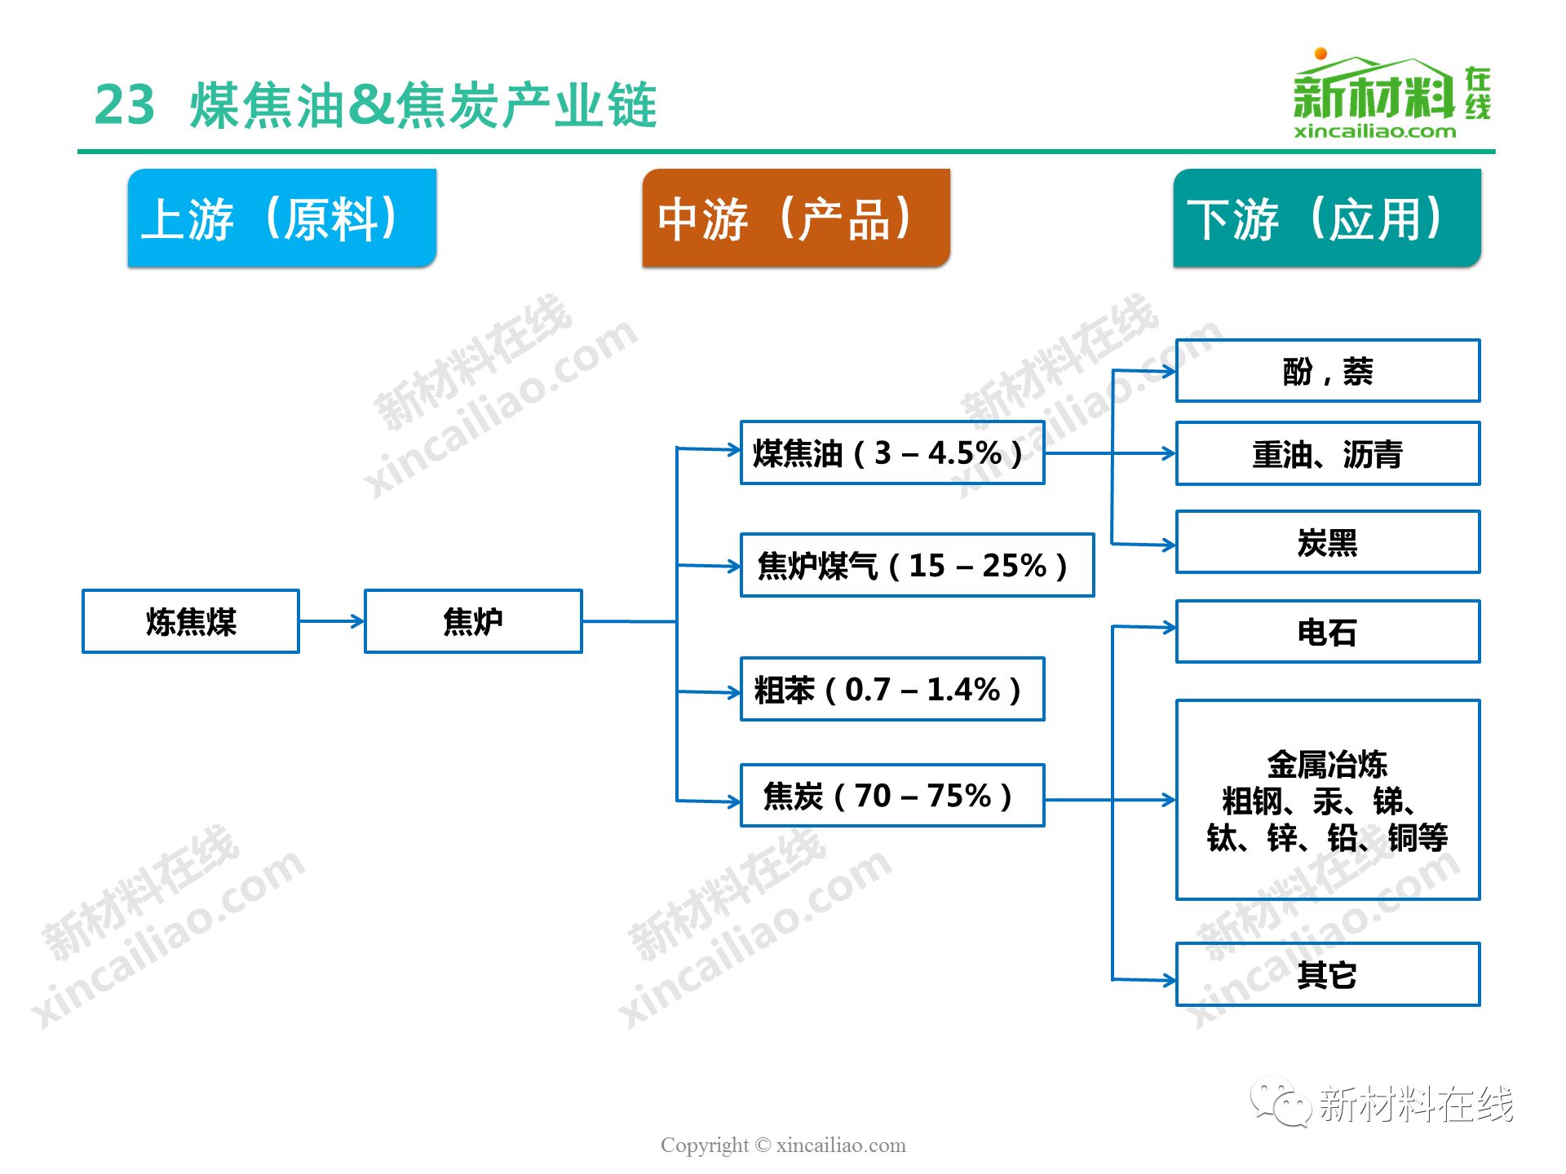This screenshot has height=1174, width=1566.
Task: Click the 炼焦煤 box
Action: point(191,621)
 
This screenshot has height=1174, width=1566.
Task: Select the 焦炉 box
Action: point(473,621)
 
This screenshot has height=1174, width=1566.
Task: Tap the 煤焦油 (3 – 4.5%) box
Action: point(892,452)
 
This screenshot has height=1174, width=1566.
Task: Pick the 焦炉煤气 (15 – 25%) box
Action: point(917,565)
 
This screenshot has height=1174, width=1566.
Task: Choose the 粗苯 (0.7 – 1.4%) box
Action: point(892,689)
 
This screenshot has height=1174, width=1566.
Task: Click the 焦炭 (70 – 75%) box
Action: point(892,795)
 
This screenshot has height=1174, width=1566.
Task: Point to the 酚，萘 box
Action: point(1328,371)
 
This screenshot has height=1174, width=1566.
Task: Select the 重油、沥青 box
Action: point(1328,453)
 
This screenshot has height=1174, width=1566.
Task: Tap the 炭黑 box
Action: point(1328,542)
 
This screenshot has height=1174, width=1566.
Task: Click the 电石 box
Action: point(1328,632)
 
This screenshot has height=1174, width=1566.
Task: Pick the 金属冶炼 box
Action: point(1328,800)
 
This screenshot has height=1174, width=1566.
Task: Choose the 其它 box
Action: point(1328,974)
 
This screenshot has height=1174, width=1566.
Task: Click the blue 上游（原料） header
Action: point(282,218)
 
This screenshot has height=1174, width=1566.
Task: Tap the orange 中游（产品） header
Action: point(796,218)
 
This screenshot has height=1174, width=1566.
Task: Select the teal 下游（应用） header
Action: point(1327,218)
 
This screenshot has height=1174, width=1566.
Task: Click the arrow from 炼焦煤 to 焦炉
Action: point(332,621)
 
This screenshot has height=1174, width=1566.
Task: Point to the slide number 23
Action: point(125,105)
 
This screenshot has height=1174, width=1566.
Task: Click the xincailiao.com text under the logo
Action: point(1374,130)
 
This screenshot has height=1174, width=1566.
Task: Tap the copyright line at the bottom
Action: point(783,1145)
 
